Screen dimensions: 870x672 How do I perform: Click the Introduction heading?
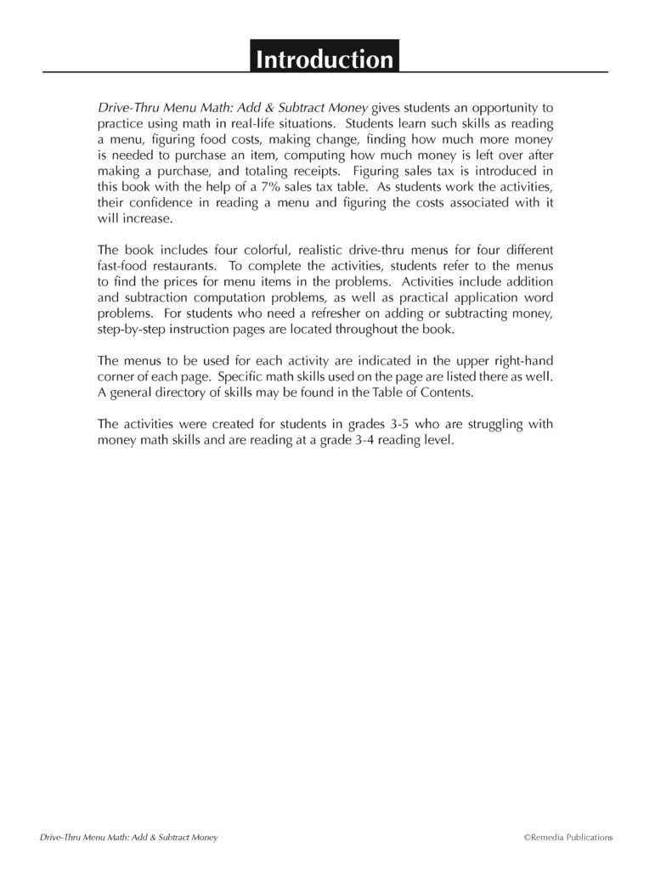325,59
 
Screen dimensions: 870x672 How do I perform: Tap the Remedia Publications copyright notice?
568,838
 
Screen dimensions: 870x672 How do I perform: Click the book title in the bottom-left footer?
129,838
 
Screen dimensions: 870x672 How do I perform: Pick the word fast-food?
126,265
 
